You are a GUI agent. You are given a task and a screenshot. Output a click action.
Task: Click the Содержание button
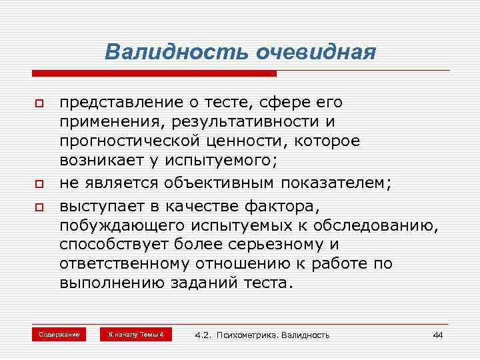59,334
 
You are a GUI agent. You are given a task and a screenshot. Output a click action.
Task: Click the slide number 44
437,335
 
